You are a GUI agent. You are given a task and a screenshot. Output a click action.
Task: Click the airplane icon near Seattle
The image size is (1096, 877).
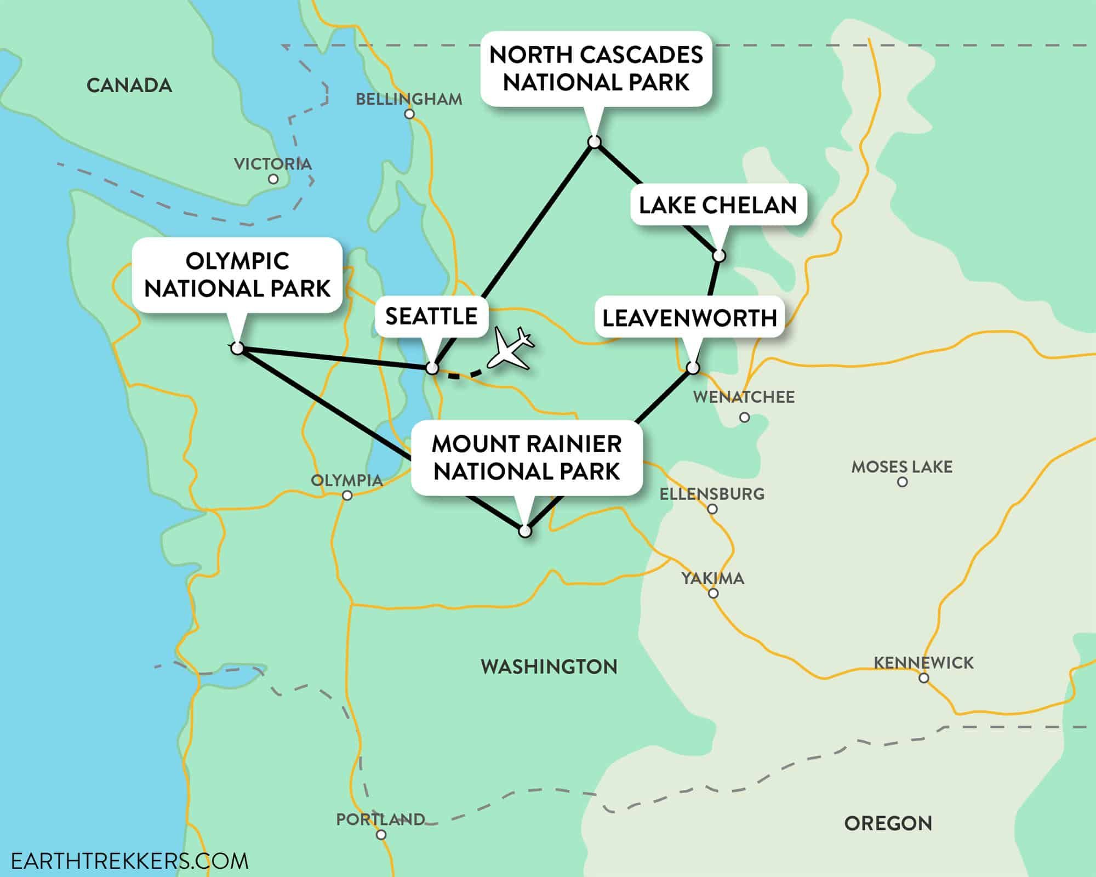coord(510,349)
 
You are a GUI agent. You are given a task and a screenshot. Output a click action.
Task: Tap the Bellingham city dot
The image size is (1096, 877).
coord(409,115)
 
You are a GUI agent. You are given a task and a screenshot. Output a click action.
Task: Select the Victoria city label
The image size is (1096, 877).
coord(272,164)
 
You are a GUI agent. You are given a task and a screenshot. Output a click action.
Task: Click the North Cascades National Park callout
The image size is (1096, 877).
coord(596,69)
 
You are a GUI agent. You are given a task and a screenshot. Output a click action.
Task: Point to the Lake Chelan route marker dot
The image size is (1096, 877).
coord(719,256)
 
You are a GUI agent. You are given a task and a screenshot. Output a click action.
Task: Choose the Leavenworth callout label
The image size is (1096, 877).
coord(689,318)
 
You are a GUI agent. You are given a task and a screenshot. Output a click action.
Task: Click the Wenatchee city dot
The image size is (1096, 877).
coord(744,418)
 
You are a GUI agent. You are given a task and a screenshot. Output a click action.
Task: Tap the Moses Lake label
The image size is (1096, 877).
coord(901,467)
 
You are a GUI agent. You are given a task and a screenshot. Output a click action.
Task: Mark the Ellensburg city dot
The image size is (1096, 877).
coord(712,509)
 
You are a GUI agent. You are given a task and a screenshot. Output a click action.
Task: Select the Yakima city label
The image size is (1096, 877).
coord(712,578)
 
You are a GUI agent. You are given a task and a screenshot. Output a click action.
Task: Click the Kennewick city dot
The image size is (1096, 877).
coord(924,678)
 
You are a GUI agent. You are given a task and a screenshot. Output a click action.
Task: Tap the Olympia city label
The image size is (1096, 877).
coord(346,481)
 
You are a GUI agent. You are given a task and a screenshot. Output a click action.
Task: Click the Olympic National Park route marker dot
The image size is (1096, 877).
coord(237,348)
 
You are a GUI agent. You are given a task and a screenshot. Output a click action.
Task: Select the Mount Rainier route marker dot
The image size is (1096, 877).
coord(525,532)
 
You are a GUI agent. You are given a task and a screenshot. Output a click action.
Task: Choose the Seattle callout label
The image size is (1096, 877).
coord(431,316)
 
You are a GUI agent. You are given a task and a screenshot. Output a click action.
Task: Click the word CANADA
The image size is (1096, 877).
coord(129,86)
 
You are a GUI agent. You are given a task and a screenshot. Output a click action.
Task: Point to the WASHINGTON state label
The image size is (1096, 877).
coord(549,667)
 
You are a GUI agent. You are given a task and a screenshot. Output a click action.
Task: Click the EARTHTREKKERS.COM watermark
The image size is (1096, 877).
coord(129,861)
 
